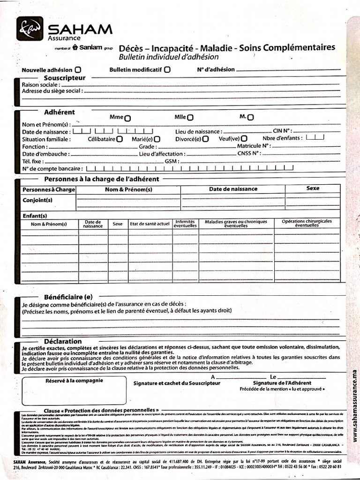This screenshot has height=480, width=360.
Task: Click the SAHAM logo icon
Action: pyautogui.click(x=30, y=29)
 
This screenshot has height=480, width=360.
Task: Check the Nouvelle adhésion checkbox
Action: pyautogui.click(x=78, y=70)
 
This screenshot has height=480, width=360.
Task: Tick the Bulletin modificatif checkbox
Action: pyautogui.click(x=167, y=69)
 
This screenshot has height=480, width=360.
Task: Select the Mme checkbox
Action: pyautogui.click(x=127, y=118)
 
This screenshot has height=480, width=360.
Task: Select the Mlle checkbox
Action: pyautogui.click(x=190, y=118)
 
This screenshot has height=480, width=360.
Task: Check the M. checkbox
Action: pyautogui.click(x=251, y=117)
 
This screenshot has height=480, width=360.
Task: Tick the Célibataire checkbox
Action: pyautogui.click(x=120, y=139)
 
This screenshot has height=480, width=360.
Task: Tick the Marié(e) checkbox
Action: pyautogui.click(x=157, y=139)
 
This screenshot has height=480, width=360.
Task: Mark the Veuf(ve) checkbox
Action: pyautogui.click(x=244, y=139)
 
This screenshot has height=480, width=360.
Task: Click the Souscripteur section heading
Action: pyautogui.click(x=65, y=77)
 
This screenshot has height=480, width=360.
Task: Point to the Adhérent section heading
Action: pyautogui.click(x=60, y=112)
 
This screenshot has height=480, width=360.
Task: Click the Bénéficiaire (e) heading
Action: pyautogui.click(x=68, y=297)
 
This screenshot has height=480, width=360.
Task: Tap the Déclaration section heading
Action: pyautogui.click(x=63, y=341)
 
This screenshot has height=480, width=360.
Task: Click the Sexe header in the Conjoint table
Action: pyautogui.click(x=313, y=188)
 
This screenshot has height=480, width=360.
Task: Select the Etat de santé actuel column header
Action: pyautogui.click(x=150, y=224)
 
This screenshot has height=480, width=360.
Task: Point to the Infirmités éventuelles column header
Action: pyautogui.click(x=185, y=224)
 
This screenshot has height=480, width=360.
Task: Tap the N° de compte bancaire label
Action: pyautogui.click(x=52, y=168)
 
